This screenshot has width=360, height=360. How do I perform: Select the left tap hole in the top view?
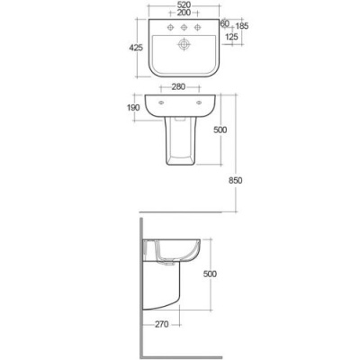[x=165, y=29]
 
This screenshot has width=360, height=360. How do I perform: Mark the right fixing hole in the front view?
[x=202, y=103]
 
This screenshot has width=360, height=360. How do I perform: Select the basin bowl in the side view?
[x=171, y=252]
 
